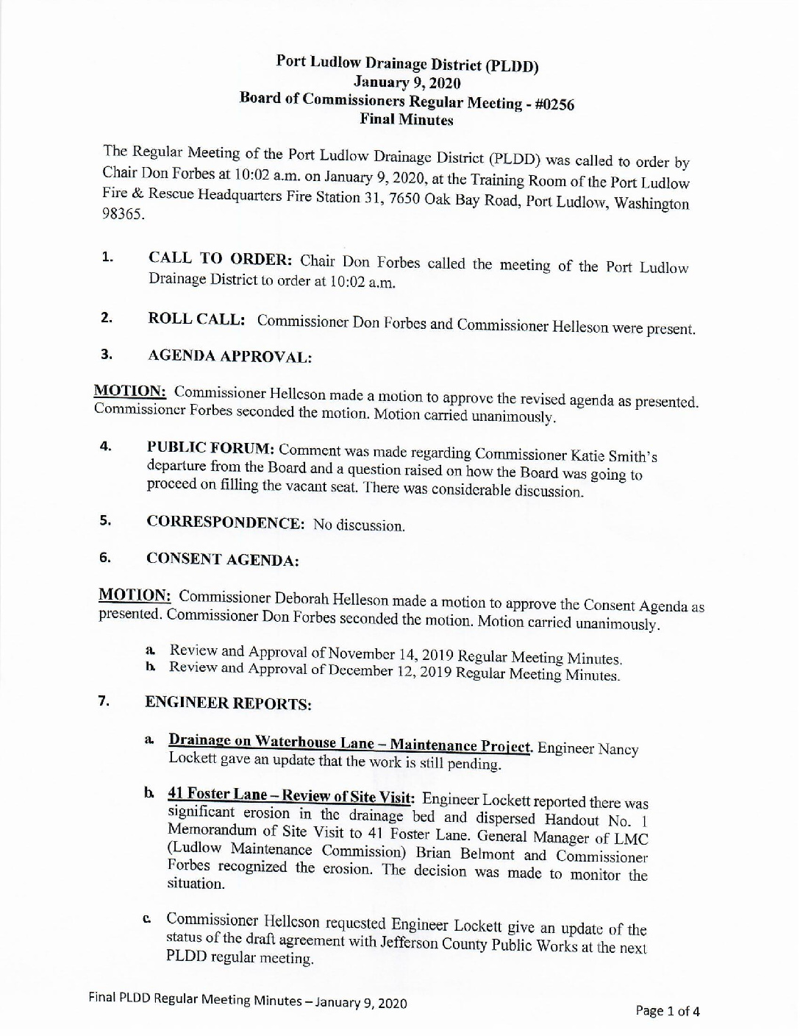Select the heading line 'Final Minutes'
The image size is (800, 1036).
pyautogui.click(x=406, y=120)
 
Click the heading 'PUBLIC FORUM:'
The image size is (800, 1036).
pyautogui.click(x=211, y=447)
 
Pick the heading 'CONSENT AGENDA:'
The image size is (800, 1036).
pyautogui.click(x=222, y=559)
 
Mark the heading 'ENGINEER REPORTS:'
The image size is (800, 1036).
pyautogui.click(x=229, y=703)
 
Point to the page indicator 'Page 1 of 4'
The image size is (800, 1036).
pyautogui.click(x=668, y=1010)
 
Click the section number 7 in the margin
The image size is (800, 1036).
pyautogui.click(x=104, y=700)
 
